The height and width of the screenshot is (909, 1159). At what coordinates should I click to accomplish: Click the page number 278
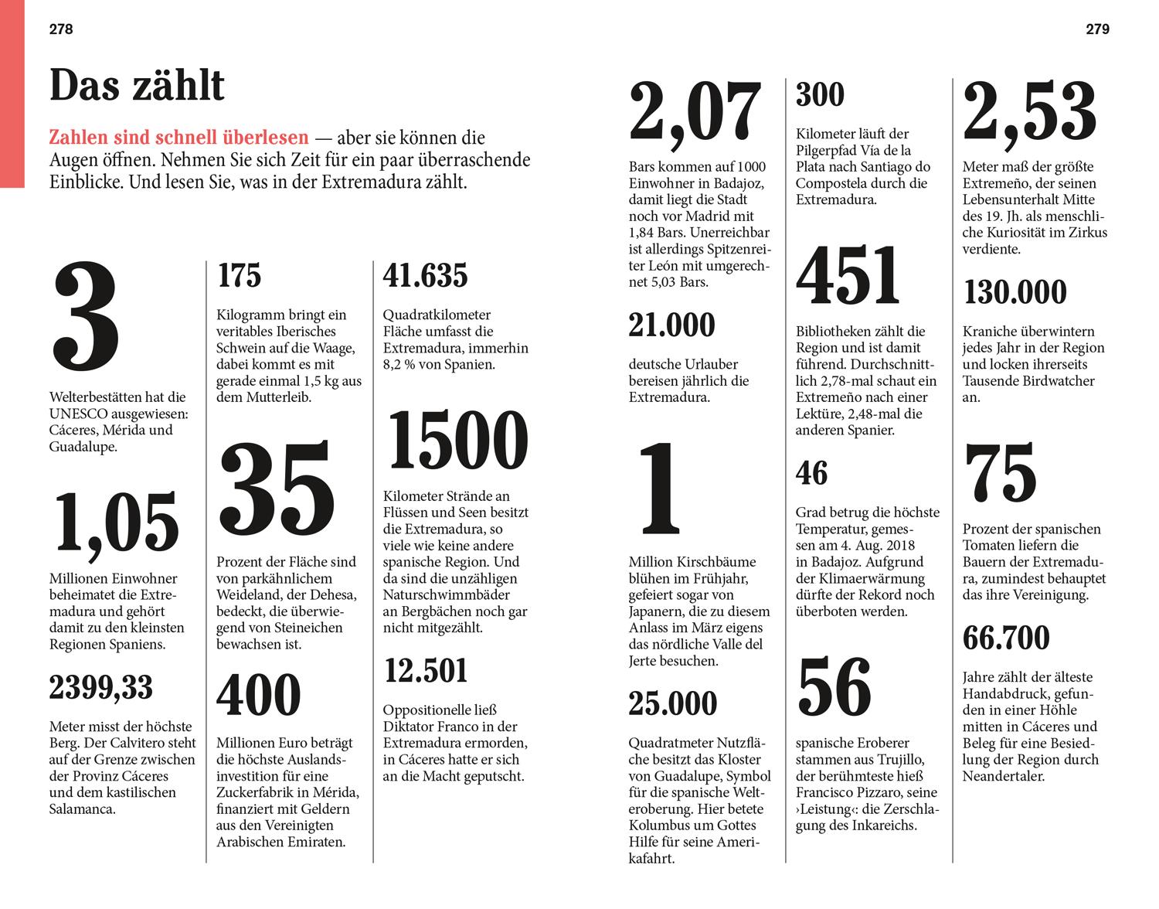[61, 29]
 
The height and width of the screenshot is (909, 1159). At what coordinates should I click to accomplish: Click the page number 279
[1097, 29]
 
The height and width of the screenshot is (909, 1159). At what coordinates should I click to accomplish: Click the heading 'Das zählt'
[137, 86]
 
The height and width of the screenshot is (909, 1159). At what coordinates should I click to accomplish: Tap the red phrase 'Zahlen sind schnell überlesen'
[178, 138]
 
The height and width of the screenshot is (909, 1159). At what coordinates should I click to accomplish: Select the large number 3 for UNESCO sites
[86, 317]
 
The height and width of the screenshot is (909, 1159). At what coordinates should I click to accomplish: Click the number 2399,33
[101, 687]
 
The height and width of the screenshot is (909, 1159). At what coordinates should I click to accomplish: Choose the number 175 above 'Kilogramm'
[240, 275]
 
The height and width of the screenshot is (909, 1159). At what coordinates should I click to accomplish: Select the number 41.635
[426, 275]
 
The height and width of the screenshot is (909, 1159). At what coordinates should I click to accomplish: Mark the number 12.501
[426, 670]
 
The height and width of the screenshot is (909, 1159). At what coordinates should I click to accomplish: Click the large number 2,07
[695, 113]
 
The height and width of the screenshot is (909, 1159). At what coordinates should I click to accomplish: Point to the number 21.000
[672, 325]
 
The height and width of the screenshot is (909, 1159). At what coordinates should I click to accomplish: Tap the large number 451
[848, 274]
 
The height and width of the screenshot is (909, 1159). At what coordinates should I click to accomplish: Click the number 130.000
[1015, 292]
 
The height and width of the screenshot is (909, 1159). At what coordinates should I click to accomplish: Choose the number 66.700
[1006, 638]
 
